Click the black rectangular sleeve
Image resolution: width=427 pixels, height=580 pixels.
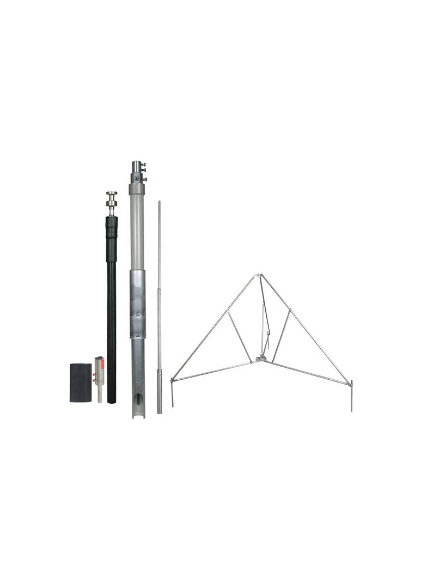click(x=80, y=382)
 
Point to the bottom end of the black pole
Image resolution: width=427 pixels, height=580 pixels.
click(x=112, y=400)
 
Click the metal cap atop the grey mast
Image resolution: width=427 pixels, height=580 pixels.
click(x=136, y=166)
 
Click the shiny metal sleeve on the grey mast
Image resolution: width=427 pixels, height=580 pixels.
click(x=138, y=305)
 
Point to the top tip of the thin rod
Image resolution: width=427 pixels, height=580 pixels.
click(x=159, y=203)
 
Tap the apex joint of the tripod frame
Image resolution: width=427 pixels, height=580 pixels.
click(x=260, y=276)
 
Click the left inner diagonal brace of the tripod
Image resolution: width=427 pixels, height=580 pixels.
click(x=240, y=337)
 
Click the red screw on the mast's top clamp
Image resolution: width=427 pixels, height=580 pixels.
click(x=145, y=179)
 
